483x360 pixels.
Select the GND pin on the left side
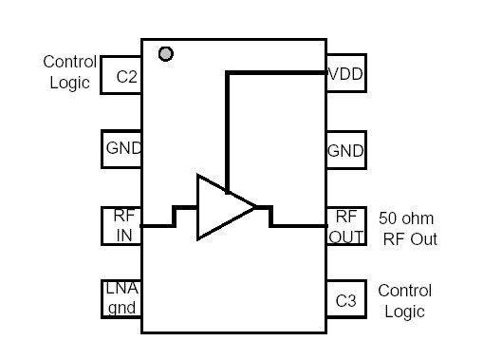121,148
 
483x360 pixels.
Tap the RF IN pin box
121,225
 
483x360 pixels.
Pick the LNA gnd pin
121,298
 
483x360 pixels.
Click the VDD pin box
346,73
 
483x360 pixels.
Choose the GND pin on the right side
345,150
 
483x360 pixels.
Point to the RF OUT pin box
346,225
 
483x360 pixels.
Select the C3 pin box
346,300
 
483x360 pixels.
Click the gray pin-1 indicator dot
166,54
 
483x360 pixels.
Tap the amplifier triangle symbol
220,206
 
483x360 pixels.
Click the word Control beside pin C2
69,62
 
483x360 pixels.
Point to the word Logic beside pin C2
70,83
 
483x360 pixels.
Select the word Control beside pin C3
404,290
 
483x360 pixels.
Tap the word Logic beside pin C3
404,312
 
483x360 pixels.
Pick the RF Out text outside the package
410,238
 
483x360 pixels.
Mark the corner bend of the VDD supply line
226,72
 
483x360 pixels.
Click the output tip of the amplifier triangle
256,206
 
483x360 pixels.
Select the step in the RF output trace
271,216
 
